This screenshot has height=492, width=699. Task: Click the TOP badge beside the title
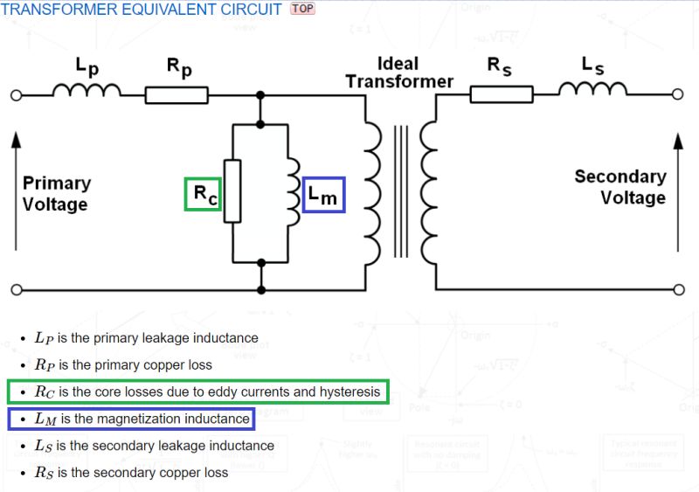point(301,9)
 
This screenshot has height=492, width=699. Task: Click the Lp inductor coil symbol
point(87,91)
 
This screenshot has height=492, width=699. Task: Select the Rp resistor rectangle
point(176,94)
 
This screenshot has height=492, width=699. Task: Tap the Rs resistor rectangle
point(501,94)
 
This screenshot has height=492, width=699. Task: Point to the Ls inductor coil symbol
point(592,90)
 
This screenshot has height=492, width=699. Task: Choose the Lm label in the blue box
point(322,195)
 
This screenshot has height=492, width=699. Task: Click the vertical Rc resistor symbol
point(232,191)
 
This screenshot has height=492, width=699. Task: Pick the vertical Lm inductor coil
point(291,191)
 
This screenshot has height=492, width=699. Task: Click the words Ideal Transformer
point(398,73)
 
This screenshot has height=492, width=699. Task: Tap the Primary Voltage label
point(56,193)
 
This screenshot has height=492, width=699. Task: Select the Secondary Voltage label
point(619,186)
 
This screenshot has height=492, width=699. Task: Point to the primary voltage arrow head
point(15,139)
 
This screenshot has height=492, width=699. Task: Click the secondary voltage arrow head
point(679,139)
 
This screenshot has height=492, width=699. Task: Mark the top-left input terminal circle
point(15,94)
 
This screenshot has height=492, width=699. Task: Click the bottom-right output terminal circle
point(678,289)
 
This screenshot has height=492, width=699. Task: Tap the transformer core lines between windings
point(400,192)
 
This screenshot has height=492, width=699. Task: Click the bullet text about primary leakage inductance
point(147,337)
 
